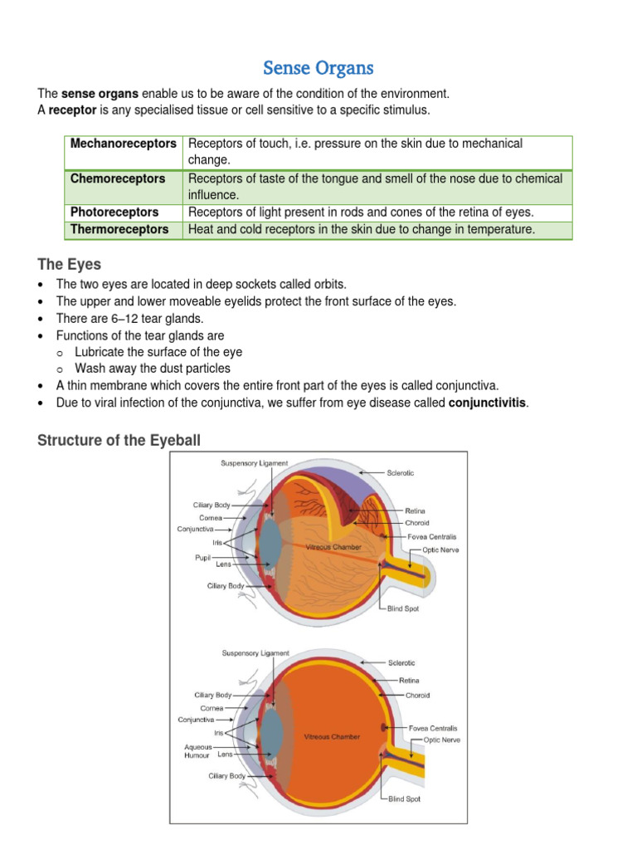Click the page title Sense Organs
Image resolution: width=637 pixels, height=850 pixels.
[x=318, y=67]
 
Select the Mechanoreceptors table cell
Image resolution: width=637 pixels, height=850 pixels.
[x=124, y=144]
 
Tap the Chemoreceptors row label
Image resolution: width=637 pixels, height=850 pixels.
[x=118, y=178]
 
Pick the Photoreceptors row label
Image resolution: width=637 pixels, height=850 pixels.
[x=114, y=212]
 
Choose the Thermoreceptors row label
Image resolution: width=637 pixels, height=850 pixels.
[x=119, y=229]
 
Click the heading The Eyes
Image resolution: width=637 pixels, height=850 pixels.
[x=70, y=265]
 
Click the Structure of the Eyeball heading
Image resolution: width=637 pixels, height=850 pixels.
[x=119, y=440]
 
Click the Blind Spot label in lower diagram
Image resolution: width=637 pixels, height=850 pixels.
[x=403, y=799]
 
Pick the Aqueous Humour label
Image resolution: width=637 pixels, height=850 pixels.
[x=197, y=750]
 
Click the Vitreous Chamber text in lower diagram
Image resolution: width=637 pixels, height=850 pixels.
[x=332, y=736]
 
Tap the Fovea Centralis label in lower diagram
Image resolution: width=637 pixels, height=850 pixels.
[x=433, y=728]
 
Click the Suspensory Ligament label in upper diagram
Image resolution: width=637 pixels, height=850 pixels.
[x=255, y=462]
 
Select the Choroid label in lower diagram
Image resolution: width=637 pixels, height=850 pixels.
[x=417, y=696]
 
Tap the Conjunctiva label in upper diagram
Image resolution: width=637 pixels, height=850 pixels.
[x=196, y=529]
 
